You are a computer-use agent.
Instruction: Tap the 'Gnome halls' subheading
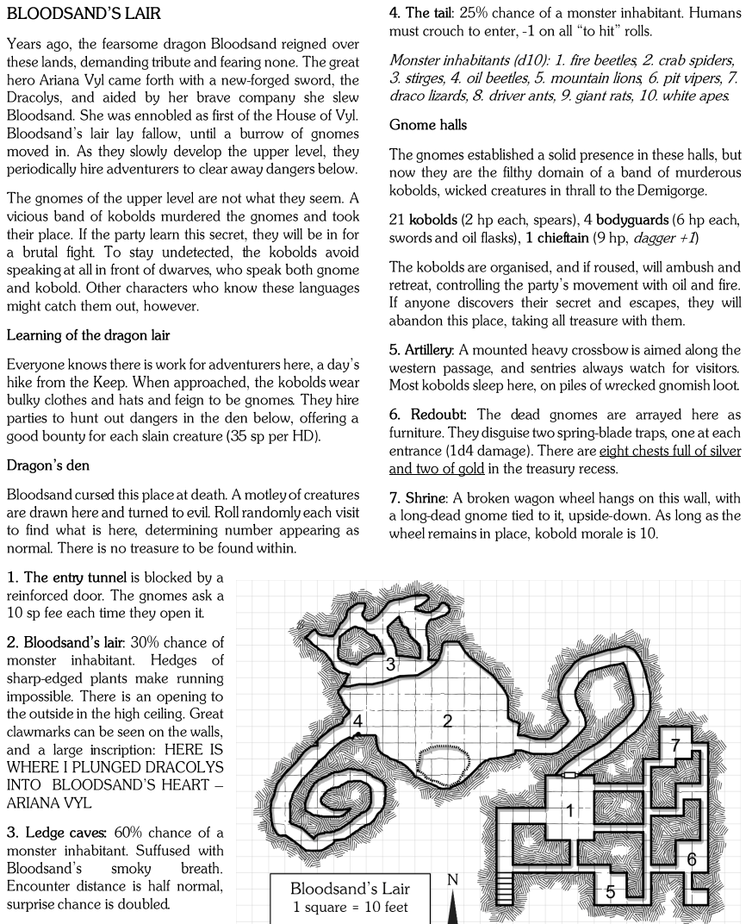[428, 125]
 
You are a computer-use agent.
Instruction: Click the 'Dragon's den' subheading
[51, 465]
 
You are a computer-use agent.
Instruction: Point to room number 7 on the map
[676, 745]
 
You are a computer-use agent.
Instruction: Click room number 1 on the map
[569, 809]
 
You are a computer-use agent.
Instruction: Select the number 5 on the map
[610, 891]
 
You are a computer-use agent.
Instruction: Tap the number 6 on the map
[691, 858]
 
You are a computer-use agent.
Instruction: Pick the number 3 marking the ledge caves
[390, 664]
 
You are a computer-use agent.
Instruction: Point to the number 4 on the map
[357, 721]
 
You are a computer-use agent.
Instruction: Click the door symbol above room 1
[569, 776]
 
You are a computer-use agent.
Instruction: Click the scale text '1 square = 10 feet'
[349, 908]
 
